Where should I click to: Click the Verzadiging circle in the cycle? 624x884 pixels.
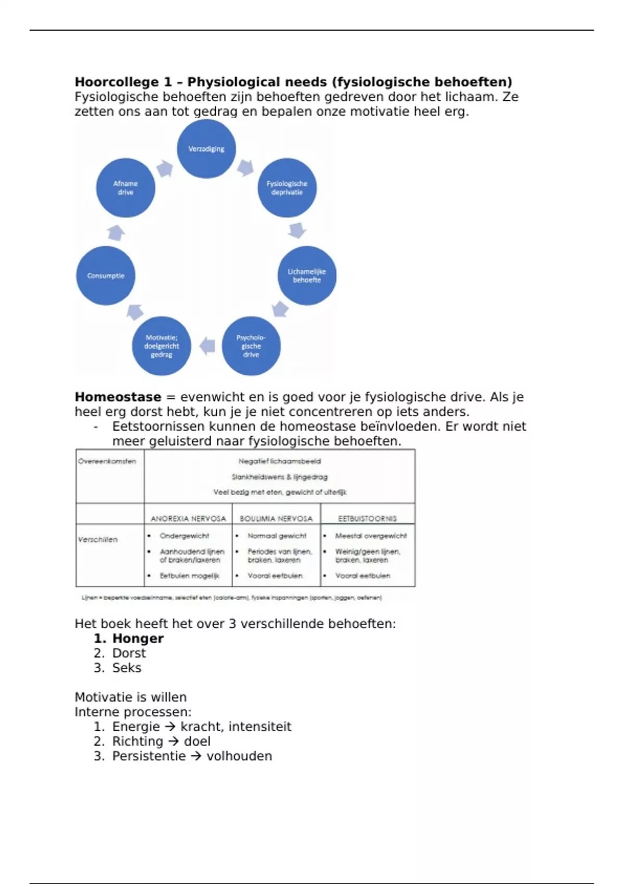pos(206,149)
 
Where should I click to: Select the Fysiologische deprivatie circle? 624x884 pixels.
pos(287,188)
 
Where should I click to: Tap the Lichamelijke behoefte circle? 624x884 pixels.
pos(307,276)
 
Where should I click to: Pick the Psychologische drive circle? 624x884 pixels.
pos(251,346)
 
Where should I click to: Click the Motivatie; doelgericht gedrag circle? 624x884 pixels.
pos(162,346)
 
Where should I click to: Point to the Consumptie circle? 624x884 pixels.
pos(106,276)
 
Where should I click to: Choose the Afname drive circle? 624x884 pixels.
pos(126,188)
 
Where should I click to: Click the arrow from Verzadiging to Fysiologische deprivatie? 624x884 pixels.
pos(245,167)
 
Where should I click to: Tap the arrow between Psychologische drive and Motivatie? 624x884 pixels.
pos(207,346)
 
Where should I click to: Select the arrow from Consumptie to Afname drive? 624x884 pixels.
pos(116,232)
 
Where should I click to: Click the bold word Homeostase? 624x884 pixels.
pos(118,397)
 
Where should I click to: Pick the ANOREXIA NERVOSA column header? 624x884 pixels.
pos(188,518)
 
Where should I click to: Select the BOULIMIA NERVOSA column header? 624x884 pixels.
pos(276,518)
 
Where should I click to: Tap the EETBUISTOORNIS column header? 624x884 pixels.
pos(367,518)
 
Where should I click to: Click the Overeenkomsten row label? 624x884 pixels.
pos(107,461)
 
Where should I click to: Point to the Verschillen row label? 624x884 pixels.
pos(98,540)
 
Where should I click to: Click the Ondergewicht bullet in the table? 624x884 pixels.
pos(184,536)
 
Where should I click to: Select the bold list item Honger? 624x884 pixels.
pos(138,639)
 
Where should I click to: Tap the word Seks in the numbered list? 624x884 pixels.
pos(127,668)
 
